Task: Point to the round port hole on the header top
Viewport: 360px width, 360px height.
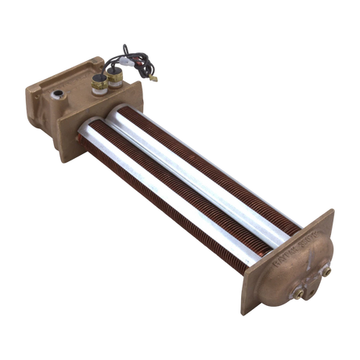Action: [58, 95]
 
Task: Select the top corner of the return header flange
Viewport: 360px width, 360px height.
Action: [331, 210]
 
